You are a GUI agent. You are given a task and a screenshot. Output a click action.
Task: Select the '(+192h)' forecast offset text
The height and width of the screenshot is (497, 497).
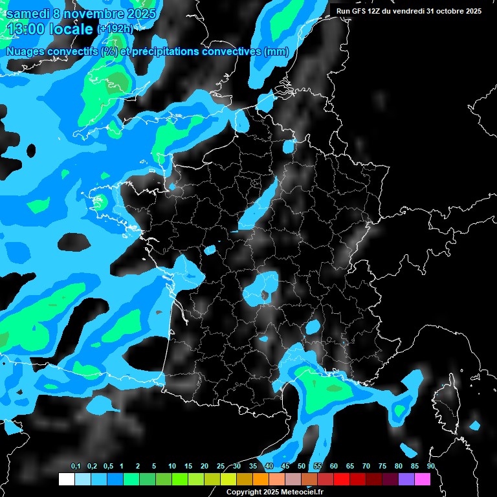click(115, 29)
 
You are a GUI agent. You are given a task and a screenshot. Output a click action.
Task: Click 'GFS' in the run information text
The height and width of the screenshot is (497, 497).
click(360, 11)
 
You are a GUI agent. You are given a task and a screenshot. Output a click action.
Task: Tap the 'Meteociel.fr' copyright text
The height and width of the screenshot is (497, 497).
click(298, 492)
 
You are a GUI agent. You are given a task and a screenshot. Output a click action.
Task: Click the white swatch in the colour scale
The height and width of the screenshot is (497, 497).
click(66, 479)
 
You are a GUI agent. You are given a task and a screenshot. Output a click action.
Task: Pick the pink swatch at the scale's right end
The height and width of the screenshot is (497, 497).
click(423, 479)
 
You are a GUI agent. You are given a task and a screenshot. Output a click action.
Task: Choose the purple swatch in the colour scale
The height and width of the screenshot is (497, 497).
click(406, 479)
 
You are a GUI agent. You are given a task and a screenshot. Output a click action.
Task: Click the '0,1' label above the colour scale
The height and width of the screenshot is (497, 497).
click(75, 467)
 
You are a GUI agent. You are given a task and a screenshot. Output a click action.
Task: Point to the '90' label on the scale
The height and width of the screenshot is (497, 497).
click(431, 467)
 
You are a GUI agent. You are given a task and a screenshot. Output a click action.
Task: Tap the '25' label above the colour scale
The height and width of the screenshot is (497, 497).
click(221, 467)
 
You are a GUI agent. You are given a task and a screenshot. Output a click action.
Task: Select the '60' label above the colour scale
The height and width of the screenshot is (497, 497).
click(334, 467)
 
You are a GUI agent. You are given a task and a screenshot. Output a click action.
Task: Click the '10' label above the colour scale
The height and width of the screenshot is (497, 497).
click(172, 467)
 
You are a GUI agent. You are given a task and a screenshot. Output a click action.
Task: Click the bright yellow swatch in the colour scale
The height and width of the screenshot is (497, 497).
click(228, 479)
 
